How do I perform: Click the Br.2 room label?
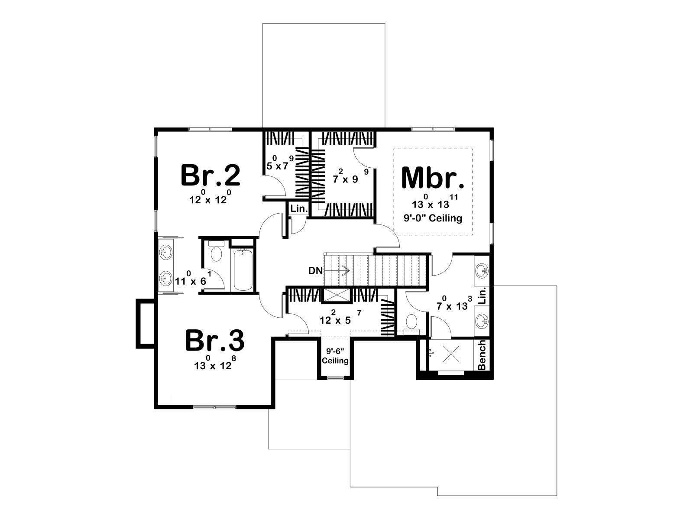coord(210,175)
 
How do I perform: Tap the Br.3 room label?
coord(215,340)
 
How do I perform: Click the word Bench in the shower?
coord(482,355)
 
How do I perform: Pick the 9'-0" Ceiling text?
coord(433,218)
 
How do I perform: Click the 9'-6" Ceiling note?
coord(335,356)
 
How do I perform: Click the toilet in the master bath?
coord(411,324)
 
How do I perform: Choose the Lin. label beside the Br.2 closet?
coord(299,209)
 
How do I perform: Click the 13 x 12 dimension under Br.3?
coord(215,363)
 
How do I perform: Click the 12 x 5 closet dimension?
coord(340,317)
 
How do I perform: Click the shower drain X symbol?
coord(451,354)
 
